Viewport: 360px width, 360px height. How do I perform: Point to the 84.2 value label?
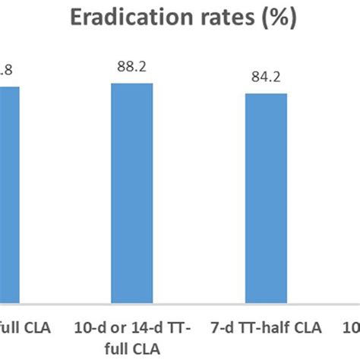[x=265, y=77]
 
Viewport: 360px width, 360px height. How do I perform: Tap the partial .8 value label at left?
[x=6, y=71]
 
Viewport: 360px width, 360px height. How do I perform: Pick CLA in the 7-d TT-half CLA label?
[x=308, y=328]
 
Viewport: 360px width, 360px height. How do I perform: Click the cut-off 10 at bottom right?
[x=352, y=328]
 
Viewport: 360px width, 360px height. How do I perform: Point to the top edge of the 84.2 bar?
[x=265, y=94]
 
